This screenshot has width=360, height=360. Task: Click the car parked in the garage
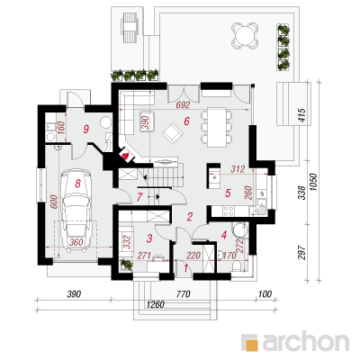[x=76, y=208]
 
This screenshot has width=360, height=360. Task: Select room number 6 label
[x=186, y=121]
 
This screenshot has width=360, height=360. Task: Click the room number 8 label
[x=78, y=184]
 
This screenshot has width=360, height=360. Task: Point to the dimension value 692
[x=183, y=104]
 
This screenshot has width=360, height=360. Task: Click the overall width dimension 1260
[x=156, y=304]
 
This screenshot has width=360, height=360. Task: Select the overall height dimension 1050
[x=313, y=182]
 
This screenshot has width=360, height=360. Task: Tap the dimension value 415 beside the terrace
[x=301, y=115]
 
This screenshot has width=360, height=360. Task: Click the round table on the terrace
[x=245, y=36]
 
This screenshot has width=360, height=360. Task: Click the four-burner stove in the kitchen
[x=229, y=211]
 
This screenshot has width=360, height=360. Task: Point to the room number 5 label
[x=228, y=193]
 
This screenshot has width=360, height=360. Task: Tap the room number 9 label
[x=86, y=130]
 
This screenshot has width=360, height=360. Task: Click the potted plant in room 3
[x=127, y=265]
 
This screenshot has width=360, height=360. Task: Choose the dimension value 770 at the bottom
[x=183, y=294]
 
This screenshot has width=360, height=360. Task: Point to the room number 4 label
[x=223, y=235]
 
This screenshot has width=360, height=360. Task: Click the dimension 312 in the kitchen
[x=238, y=169]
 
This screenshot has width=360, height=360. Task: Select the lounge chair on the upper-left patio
[x=130, y=27]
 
